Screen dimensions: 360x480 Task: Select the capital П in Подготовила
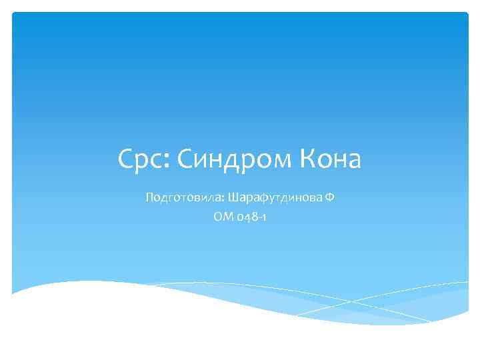click(x=148, y=198)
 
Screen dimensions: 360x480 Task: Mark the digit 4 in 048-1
click(x=245, y=216)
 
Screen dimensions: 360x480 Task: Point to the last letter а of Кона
click(x=353, y=161)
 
